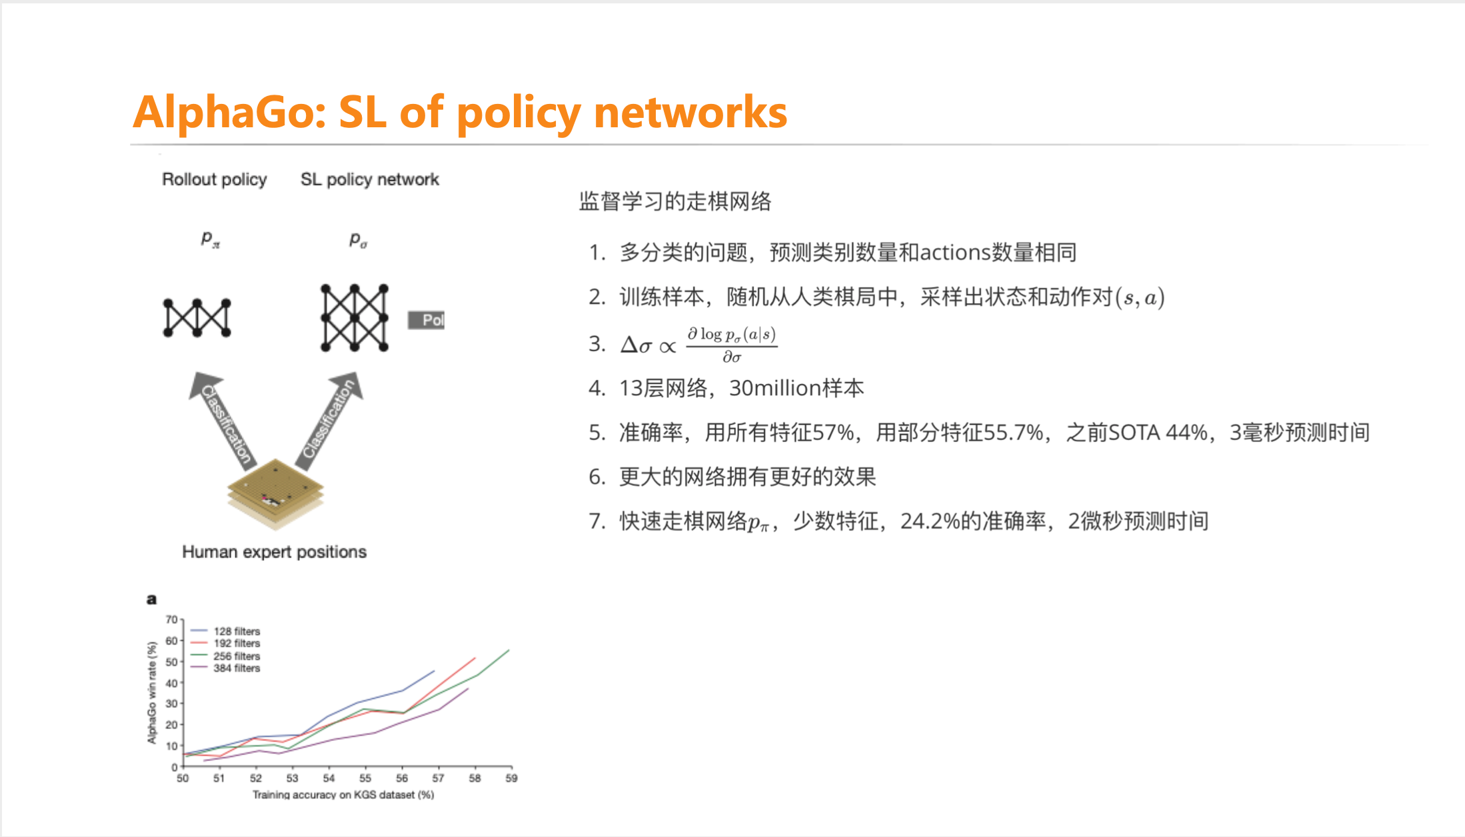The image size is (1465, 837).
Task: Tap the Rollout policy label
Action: coord(215,180)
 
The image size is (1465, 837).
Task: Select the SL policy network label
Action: coord(370,180)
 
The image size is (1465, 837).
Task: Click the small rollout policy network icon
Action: coord(197,318)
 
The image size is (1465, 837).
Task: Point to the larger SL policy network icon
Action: coord(355,318)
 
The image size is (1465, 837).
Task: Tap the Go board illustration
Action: coord(275,494)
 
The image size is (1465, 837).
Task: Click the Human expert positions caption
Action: coord(275,552)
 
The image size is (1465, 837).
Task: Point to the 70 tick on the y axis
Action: coord(171,620)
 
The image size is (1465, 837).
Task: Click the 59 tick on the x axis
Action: coord(511,778)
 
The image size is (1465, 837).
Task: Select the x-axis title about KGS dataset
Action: coord(343,794)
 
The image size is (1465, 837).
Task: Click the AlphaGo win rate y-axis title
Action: coord(152,693)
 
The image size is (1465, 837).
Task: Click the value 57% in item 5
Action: coord(833,433)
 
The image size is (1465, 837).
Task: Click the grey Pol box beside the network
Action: coord(427,321)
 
